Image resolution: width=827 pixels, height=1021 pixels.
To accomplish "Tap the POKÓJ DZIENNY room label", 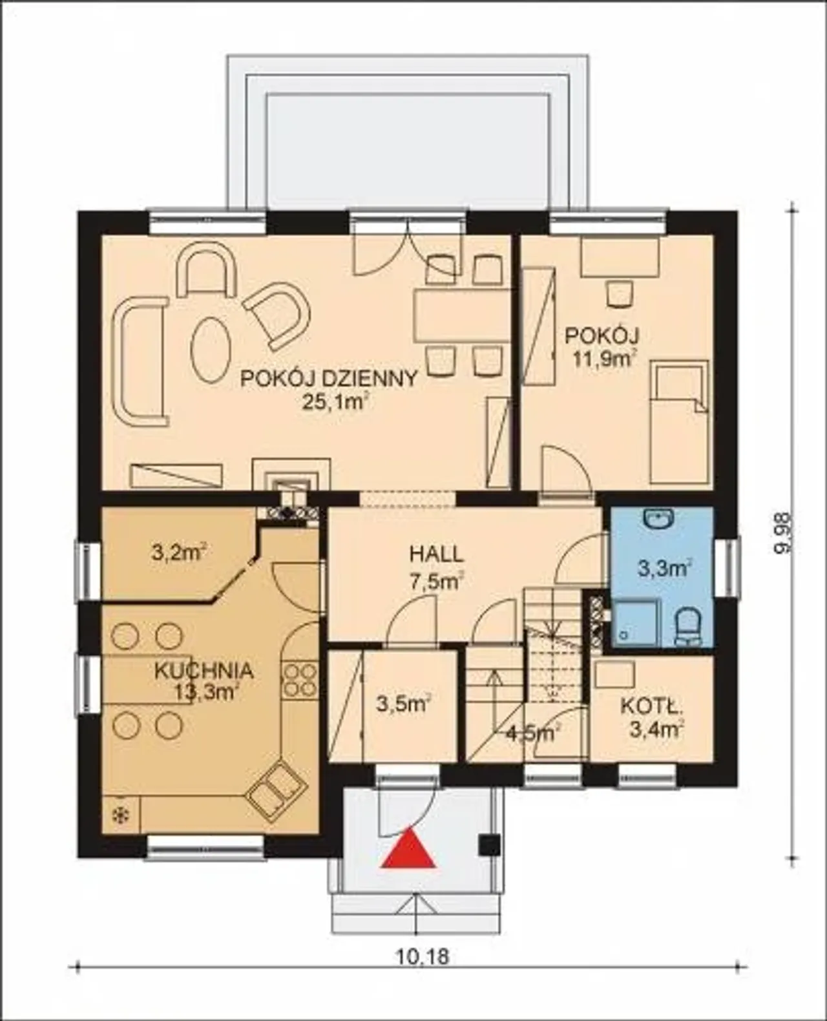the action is [x=328, y=379].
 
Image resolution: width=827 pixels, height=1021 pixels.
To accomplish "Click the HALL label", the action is [x=436, y=554].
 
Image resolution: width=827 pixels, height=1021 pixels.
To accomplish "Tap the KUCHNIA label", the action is [x=204, y=671].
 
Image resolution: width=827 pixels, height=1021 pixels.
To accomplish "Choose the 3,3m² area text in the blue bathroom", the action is [x=664, y=569].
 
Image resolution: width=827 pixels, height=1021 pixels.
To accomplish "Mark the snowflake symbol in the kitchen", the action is [x=120, y=816].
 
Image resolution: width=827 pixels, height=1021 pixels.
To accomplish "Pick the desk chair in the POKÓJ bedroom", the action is [x=620, y=293].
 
